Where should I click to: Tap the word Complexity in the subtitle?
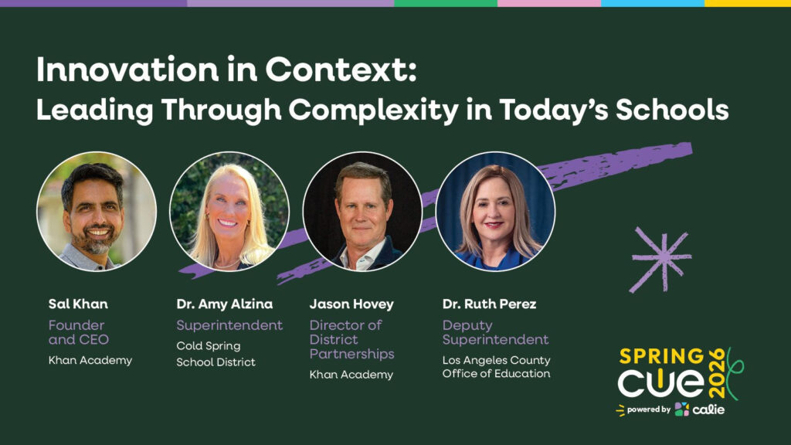point(374,110)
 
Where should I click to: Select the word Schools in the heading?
point(672,109)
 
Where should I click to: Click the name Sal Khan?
point(78,304)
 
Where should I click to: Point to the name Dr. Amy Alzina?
point(225,304)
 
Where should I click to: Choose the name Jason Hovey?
point(351,304)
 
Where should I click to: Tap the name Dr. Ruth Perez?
point(489,304)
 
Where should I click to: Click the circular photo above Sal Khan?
point(97,212)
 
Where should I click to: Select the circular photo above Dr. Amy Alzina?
point(229,212)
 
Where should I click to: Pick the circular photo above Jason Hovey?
point(362,212)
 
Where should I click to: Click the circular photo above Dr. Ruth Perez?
point(495,212)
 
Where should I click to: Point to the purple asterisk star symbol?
point(661,260)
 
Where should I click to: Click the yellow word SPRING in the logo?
point(662,357)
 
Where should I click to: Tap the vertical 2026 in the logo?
point(717,373)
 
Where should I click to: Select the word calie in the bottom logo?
point(708,409)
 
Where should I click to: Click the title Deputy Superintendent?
point(495,332)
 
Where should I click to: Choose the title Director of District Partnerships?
point(352,340)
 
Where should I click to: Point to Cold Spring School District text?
point(216,354)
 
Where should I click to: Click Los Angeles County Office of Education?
point(497,367)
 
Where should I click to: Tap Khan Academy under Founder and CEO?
point(90,360)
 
